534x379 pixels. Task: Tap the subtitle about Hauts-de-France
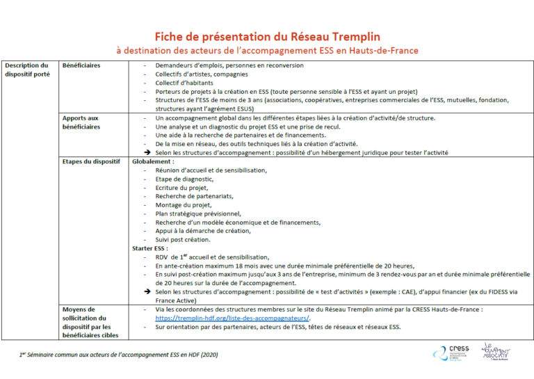[x=267, y=51]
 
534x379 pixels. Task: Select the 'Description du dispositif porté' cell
[x=27, y=70]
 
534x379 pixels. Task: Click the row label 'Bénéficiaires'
[x=81, y=65]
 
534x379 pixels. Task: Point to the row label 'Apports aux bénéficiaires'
[x=81, y=122]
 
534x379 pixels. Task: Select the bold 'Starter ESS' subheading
[x=150, y=248]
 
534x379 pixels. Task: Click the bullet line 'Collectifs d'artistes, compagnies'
[x=197, y=74]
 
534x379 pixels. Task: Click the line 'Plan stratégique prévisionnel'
[x=198, y=213]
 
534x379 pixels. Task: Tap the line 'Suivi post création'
[x=183, y=239]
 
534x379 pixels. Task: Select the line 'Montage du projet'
[x=183, y=204]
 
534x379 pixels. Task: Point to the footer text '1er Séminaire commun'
[x=118, y=355]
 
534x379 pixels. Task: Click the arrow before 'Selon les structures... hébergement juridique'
[x=147, y=152]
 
